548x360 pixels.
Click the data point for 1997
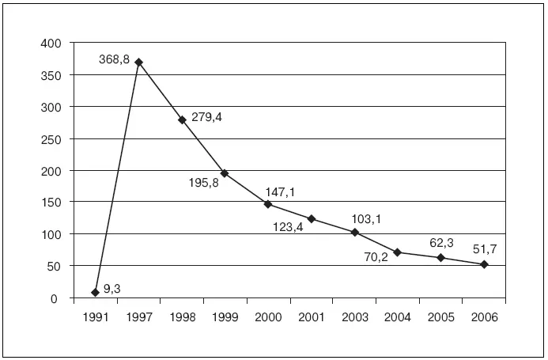(139, 62)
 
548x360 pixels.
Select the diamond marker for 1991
(96, 292)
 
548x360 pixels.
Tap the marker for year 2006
(484, 264)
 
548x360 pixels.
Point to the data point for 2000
(268, 204)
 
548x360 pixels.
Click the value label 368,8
(115, 59)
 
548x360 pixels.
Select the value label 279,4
(207, 116)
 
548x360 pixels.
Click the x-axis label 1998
(182, 316)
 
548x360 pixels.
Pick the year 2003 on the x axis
(354, 316)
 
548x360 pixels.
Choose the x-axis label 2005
(440, 316)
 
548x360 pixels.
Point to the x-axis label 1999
(225, 316)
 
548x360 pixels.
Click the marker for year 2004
(398, 252)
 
